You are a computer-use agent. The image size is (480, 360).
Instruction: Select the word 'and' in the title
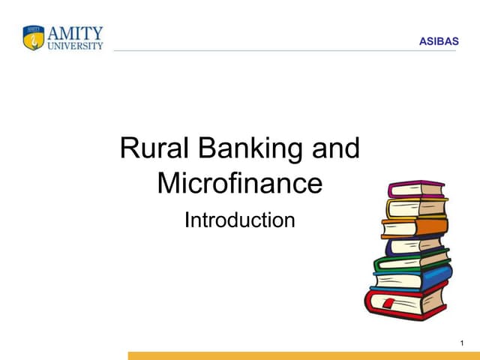(x=335, y=148)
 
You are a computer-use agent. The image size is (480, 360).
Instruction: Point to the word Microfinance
(x=239, y=183)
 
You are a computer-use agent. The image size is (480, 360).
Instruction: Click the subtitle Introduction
(x=239, y=220)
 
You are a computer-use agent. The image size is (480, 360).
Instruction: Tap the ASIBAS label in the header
(x=438, y=41)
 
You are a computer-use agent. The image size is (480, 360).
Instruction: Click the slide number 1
(x=463, y=343)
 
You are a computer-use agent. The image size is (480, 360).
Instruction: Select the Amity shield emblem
(x=34, y=37)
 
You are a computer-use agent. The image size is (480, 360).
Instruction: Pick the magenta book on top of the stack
(x=416, y=189)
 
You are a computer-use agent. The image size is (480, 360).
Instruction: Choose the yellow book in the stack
(x=415, y=207)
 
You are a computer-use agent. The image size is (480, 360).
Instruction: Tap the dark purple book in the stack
(x=413, y=244)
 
